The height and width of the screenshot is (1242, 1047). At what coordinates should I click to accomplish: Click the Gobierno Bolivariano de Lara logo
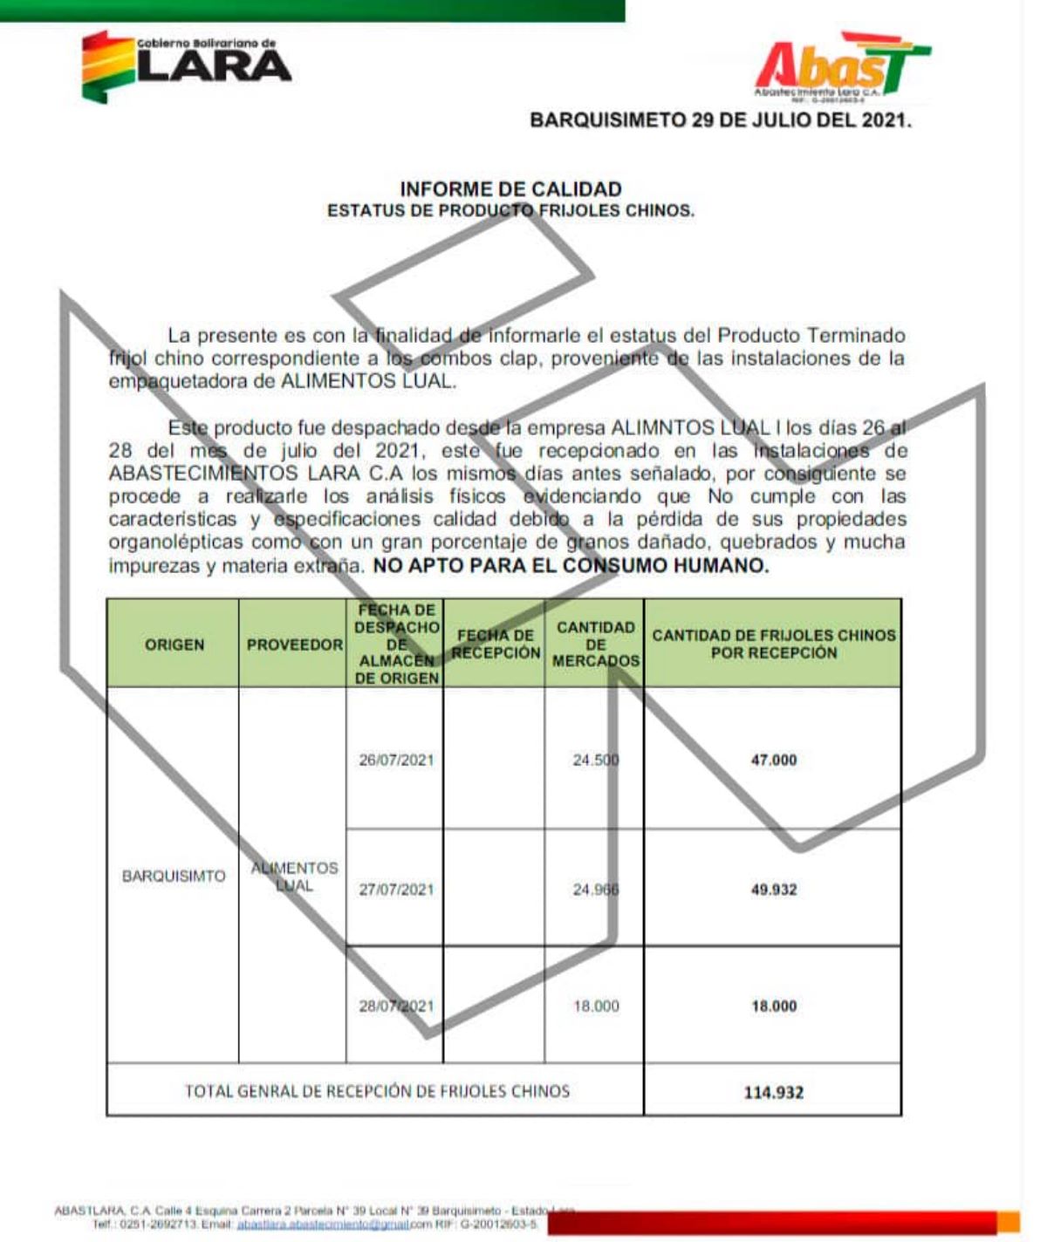click(186, 66)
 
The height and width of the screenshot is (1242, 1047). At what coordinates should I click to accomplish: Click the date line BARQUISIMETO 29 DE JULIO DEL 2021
click(721, 120)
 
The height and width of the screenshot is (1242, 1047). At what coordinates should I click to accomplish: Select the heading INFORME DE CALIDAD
click(510, 189)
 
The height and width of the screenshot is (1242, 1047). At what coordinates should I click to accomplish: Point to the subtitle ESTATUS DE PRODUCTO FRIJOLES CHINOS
click(510, 211)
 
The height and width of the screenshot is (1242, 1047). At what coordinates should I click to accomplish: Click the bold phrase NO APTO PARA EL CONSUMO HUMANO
click(571, 565)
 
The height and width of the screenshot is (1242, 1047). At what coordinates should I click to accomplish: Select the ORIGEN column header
click(174, 645)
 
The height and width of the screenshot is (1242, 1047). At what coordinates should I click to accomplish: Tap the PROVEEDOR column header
click(294, 645)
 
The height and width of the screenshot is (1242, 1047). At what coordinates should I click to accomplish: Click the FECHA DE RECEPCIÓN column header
click(495, 645)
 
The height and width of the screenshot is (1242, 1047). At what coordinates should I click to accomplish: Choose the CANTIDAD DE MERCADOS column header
click(595, 644)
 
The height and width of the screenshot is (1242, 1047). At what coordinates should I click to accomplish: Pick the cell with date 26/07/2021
click(396, 760)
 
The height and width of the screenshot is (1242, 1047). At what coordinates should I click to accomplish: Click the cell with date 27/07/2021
click(396, 890)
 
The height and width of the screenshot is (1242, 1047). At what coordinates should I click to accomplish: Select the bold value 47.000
click(773, 760)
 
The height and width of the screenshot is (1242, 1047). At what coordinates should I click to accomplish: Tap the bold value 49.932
click(773, 890)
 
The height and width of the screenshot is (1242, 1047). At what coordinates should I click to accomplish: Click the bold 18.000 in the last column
click(773, 1006)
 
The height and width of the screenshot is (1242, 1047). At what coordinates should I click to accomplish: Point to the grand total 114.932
click(773, 1092)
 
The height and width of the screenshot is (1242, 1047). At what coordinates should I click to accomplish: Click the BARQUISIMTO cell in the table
click(174, 876)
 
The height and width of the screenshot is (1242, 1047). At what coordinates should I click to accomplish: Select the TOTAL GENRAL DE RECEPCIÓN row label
click(377, 1091)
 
